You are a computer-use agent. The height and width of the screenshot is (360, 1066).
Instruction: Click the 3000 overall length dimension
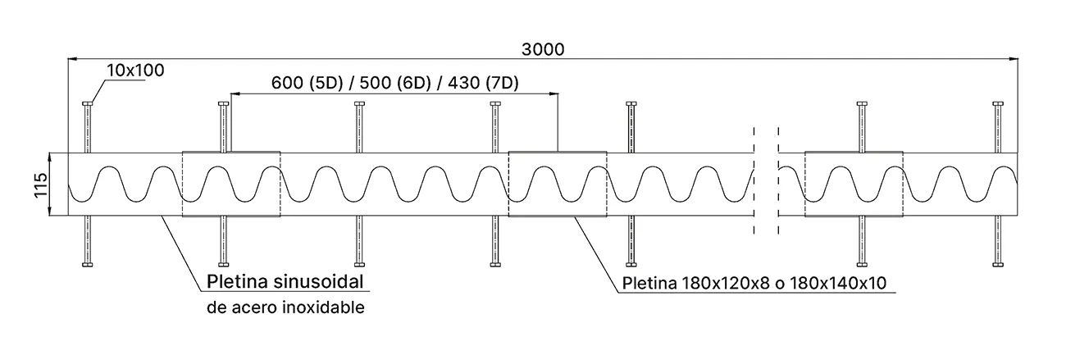542,49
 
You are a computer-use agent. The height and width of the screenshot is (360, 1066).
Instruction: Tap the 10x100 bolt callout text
134,71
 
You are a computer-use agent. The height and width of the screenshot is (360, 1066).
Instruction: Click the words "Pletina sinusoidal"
285,283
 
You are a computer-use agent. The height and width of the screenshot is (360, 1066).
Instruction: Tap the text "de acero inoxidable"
285,308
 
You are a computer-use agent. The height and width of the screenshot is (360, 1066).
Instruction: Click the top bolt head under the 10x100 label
88,103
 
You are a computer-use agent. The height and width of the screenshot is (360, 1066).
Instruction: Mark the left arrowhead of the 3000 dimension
71,59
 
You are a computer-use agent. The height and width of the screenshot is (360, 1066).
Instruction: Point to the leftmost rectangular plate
230,184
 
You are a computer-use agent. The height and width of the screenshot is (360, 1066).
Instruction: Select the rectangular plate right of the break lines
854,184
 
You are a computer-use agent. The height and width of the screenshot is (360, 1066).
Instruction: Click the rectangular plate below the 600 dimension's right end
558,184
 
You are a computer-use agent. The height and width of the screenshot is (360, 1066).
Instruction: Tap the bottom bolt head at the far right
998,264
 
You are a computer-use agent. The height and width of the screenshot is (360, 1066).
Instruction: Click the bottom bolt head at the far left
88,264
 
